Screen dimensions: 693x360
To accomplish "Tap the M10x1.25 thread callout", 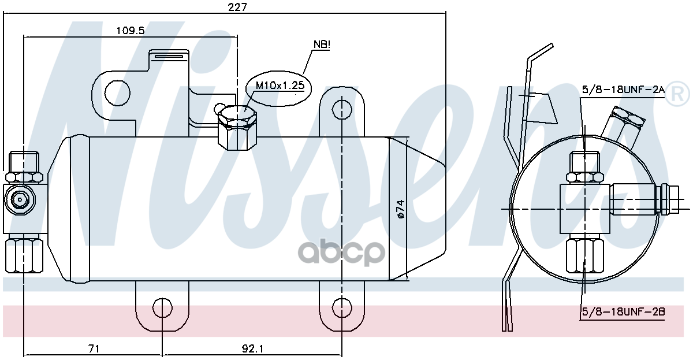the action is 280,86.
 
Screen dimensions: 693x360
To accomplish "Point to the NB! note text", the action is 322,44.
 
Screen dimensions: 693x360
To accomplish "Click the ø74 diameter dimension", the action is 399,208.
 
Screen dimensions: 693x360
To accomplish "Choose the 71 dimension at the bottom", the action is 94,348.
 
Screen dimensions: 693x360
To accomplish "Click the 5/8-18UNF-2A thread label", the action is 623,90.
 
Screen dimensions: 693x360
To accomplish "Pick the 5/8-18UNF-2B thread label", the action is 623,312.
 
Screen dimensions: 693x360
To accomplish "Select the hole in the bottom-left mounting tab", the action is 162,307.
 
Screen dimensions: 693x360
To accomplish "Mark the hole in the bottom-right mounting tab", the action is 342,307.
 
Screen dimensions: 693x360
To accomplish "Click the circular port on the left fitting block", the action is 20,199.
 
